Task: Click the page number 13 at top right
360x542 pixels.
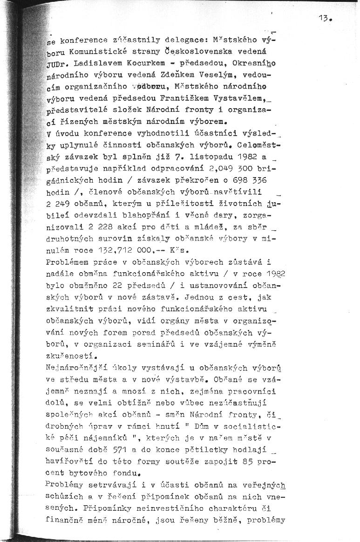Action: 324,18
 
